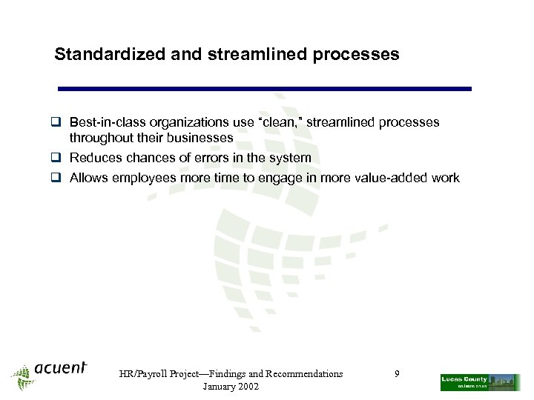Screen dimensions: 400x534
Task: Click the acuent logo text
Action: pyautogui.click(x=61, y=368)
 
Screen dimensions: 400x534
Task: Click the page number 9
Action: pyautogui.click(x=397, y=374)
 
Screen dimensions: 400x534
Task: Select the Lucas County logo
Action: pyautogui.click(x=480, y=381)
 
